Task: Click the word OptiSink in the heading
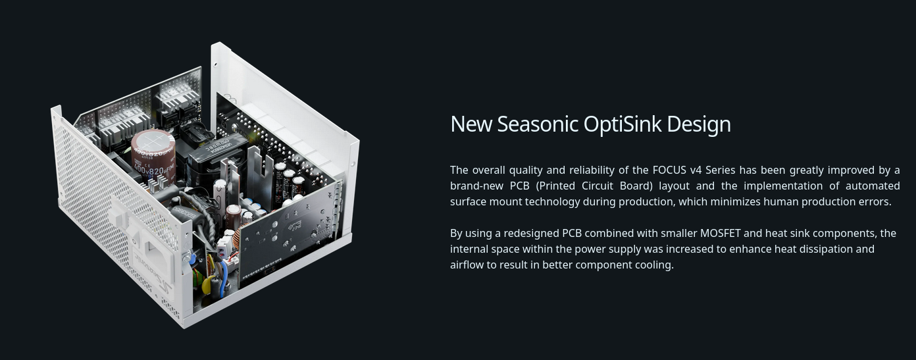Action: [623, 124]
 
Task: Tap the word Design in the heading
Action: [699, 125]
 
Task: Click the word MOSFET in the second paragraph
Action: [720, 233]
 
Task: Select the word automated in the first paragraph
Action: [873, 186]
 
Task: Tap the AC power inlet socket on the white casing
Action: [157, 253]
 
